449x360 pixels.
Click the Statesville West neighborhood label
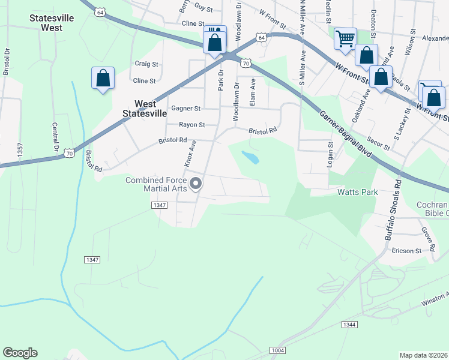52,23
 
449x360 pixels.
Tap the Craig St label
146,64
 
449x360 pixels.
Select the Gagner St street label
185,109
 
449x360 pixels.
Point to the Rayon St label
192,125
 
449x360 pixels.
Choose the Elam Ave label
253,92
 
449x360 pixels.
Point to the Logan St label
330,154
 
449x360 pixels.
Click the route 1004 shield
277,350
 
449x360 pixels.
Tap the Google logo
20,353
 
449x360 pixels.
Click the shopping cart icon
345,38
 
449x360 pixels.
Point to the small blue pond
250,158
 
